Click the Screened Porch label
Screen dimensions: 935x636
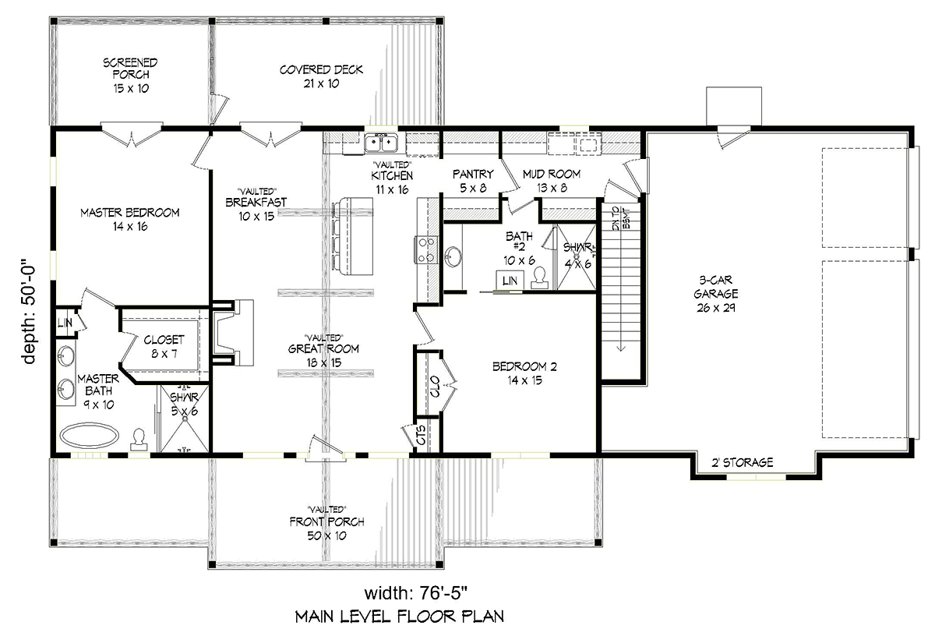[130, 76]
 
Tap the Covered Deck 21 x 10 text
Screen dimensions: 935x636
[321, 76]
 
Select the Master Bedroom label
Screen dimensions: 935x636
[130, 220]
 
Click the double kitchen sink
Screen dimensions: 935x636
[381, 143]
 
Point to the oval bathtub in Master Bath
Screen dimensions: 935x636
[90, 435]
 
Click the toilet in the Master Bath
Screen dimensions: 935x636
[139, 440]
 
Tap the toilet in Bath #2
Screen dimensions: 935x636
[540, 277]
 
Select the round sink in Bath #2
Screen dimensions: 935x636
[453, 256]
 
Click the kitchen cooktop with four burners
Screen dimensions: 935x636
[425, 249]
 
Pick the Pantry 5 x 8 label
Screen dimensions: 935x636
[473, 181]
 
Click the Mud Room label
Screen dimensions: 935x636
[552, 181]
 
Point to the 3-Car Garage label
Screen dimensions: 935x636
[715, 294]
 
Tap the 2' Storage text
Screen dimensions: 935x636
[742, 462]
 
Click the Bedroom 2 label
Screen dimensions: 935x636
[524, 373]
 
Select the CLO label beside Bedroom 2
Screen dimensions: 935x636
[435, 387]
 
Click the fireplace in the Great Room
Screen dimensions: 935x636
[233, 333]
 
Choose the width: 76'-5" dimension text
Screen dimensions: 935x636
[416, 592]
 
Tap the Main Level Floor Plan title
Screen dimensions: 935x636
[400, 617]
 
